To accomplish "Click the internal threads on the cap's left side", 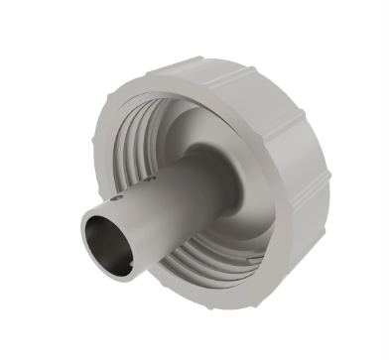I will point(127,149).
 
